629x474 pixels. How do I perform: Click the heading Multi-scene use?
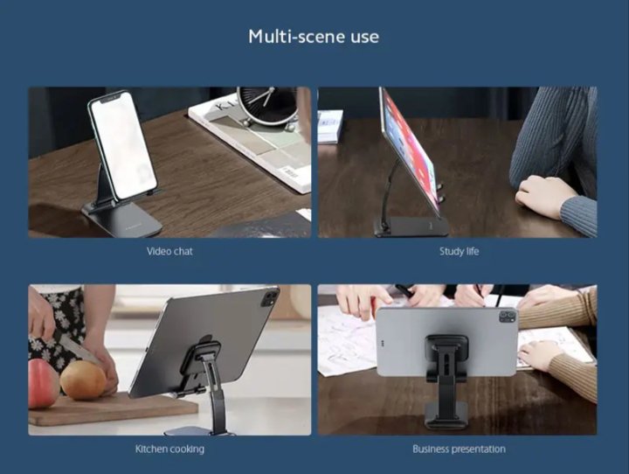click(x=314, y=37)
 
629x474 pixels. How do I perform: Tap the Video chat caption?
click(x=169, y=252)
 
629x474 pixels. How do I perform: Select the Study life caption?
click(x=459, y=252)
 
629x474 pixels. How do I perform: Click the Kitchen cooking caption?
click(x=169, y=450)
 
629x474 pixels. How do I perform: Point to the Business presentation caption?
click(x=459, y=450)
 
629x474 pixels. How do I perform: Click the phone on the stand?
click(x=122, y=144)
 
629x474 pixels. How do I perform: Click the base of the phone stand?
click(x=122, y=219)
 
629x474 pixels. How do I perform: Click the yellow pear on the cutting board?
click(x=83, y=380)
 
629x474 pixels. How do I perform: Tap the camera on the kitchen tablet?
click(x=269, y=299)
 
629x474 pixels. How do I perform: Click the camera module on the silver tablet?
click(x=508, y=316)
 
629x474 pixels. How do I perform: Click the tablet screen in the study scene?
click(x=409, y=150)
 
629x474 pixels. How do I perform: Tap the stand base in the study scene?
click(x=411, y=227)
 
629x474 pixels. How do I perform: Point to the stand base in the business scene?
click(x=446, y=415)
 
